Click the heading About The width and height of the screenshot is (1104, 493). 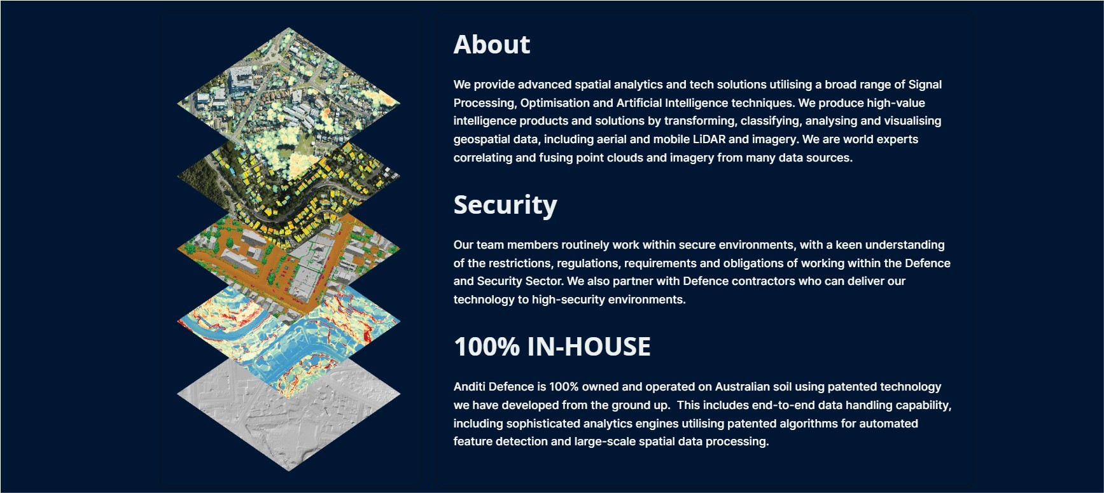[x=491, y=45]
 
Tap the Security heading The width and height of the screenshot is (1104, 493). [x=505, y=205]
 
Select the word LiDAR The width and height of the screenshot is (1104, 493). [x=709, y=139]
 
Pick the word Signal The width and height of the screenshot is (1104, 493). [x=925, y=85]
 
